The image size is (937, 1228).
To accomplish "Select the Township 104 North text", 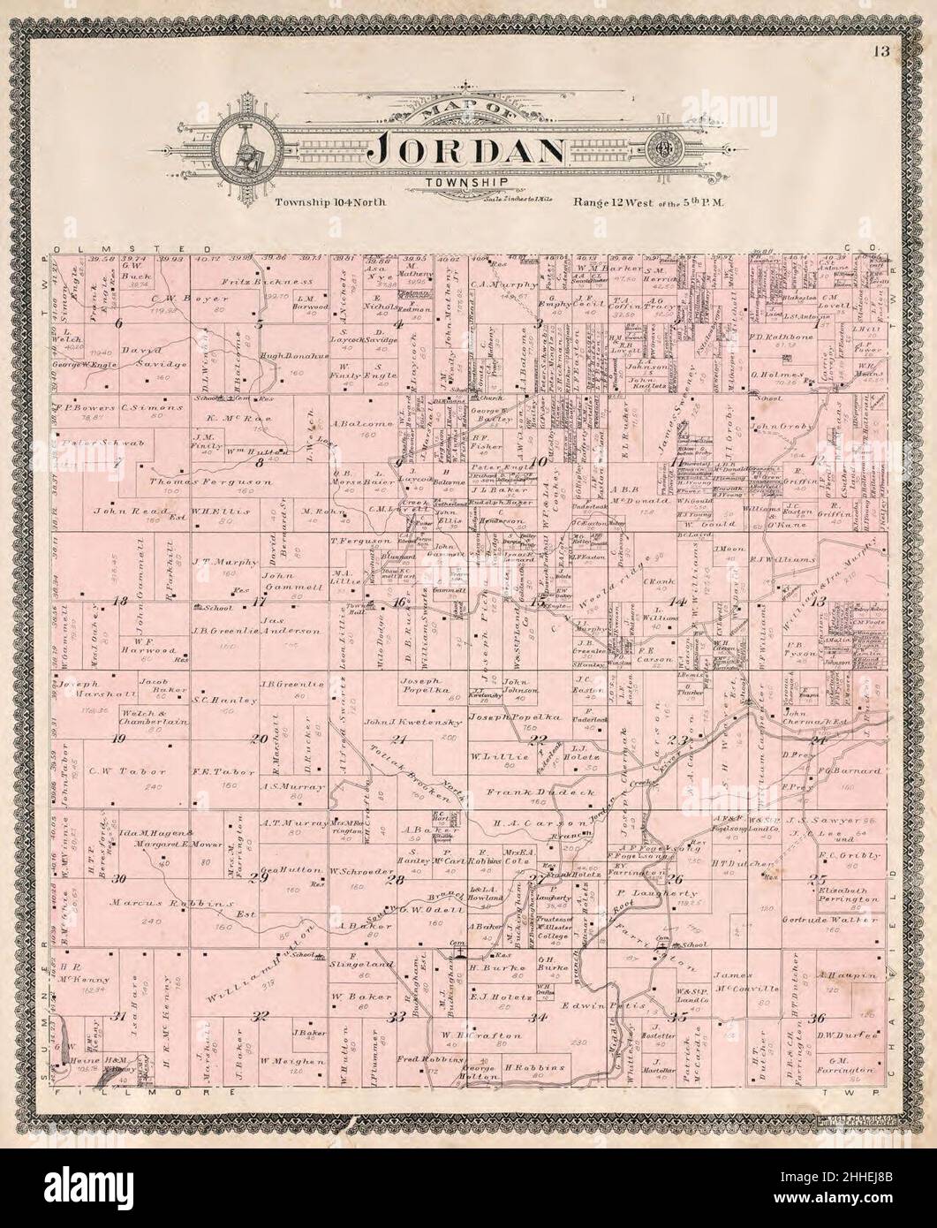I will [329, 202].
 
